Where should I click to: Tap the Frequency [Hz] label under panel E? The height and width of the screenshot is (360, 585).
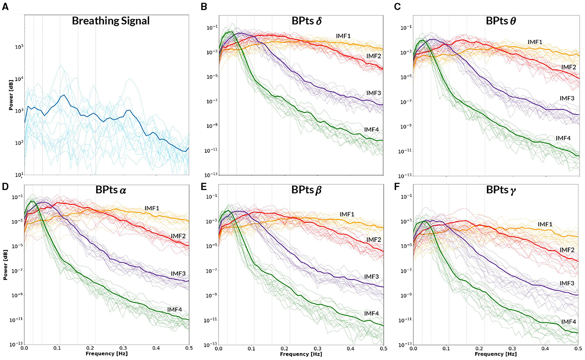pyautogui.click(x=301, y=354)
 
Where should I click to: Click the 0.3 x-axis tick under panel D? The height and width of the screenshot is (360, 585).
pyautogui.click(x=123, y=348)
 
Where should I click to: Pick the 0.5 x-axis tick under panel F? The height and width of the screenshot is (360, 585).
pyautogui.click(x=577, y=348)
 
